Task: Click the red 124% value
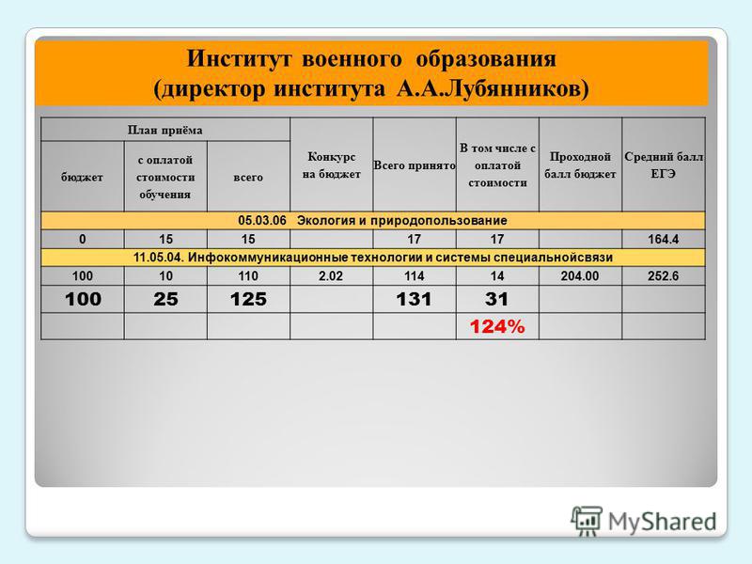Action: pos(497,327)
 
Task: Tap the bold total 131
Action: pos(415,299)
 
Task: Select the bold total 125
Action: pos(248,299)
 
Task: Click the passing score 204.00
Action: pos(580,276)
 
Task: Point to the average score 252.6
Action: pos(664,276)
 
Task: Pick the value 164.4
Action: pos(664,240)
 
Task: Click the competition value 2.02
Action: pos(331,276)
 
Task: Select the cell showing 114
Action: pos(415,276)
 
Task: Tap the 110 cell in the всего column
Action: pos(248,276)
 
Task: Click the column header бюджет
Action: pos(82,178)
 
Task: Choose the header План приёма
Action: pos(165,130)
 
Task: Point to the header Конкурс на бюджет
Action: pos(332,165)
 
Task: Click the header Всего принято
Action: pos(415,165)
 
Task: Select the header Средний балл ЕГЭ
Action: pos(664,165)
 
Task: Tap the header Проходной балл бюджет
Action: pos(580,165)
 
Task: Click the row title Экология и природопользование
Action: pos(402,221)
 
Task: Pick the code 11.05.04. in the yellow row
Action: pos(159,258)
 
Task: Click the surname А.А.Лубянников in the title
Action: pos(493,89)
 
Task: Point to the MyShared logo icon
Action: pos(586,521)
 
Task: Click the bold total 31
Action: pos(497,299)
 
